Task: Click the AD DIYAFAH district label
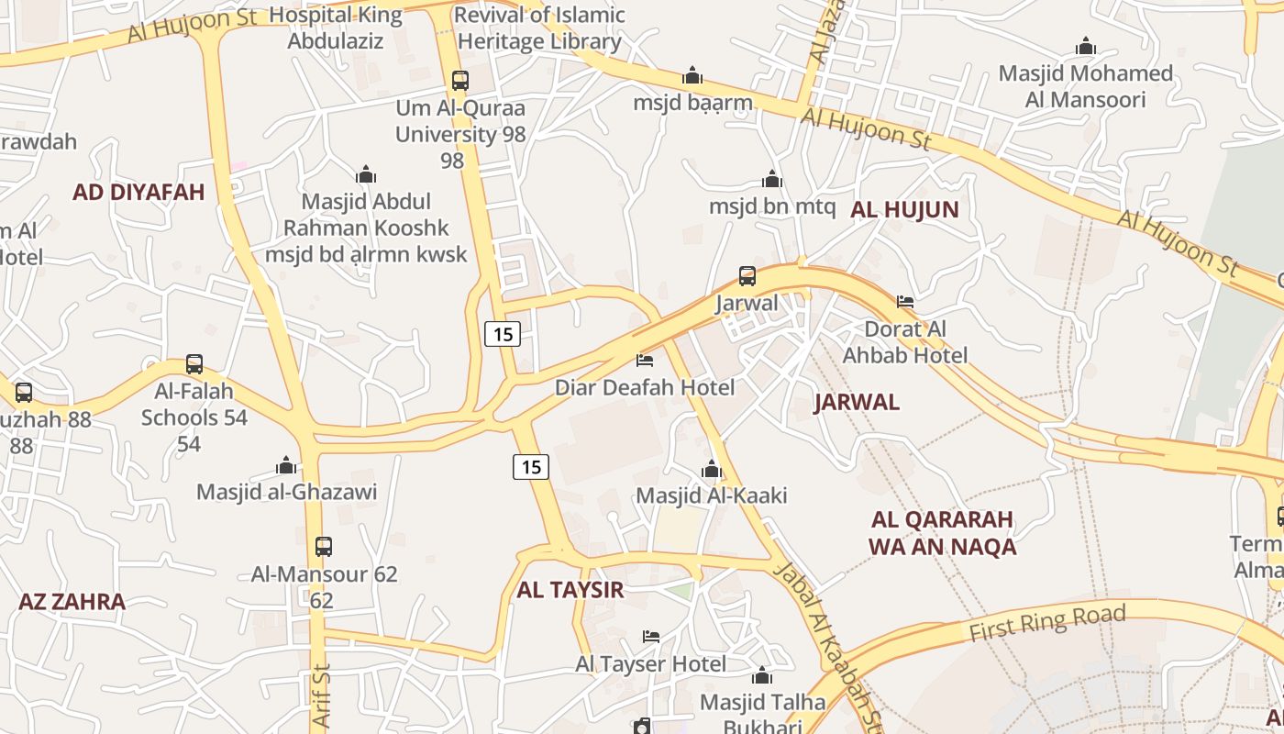[138, 193]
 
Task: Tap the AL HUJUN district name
[904, 209]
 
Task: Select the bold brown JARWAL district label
[857, 402]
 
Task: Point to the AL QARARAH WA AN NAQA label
[942, 533]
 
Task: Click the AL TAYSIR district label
[570, 590]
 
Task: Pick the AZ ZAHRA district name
[72, 602]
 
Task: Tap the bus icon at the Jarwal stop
[747, 275]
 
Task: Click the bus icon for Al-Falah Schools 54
[194, 363]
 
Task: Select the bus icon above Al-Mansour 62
[324, 547]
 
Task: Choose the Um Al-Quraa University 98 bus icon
[460, 80]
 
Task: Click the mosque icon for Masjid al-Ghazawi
[286, 466]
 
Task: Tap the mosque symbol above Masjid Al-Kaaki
[712, 471]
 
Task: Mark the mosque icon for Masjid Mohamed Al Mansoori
[1086, 47]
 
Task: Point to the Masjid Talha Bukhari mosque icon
[762, 677]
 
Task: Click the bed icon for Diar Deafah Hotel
[645, 360]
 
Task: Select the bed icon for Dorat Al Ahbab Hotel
[905, 301]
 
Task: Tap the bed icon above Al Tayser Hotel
[651, 636]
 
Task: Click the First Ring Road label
[1046, 624]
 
